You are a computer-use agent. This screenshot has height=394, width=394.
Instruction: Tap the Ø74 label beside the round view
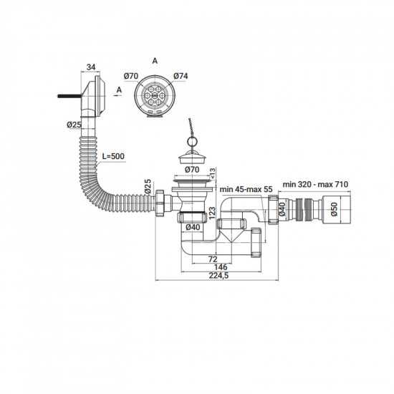click(x=178, y=77)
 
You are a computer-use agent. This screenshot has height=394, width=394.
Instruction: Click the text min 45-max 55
click(x=246, y=188)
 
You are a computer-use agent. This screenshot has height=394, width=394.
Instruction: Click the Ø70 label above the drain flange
click(x=192, y=169)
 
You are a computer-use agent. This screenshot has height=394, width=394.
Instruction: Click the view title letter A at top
click(x=155, y=62)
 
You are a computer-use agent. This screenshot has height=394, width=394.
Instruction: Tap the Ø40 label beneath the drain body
click(x=192, y=228)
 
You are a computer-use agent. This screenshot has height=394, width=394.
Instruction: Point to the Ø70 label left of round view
click(x=130, y=77)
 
